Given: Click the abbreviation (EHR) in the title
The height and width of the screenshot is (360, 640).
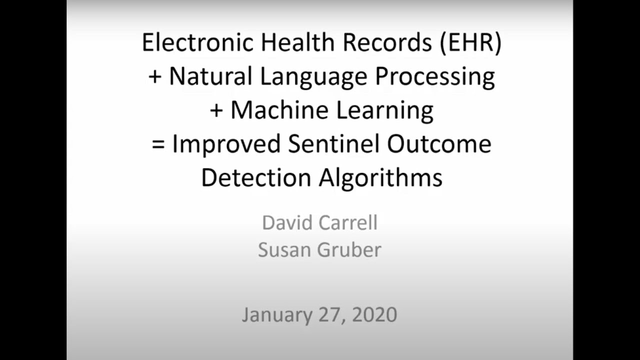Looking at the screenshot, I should tap(470, 43).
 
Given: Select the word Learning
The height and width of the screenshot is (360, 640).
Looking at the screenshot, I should tap(386, 111).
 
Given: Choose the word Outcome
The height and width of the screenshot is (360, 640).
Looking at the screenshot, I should tap(439, 144).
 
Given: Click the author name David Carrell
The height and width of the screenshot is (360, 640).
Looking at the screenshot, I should tap(319, 222).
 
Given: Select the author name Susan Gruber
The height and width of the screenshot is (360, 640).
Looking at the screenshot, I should tap(319, 249).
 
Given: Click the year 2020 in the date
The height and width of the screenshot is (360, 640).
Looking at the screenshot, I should tap(374, 314).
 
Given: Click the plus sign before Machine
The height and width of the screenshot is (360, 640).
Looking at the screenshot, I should tap(216, 111).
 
